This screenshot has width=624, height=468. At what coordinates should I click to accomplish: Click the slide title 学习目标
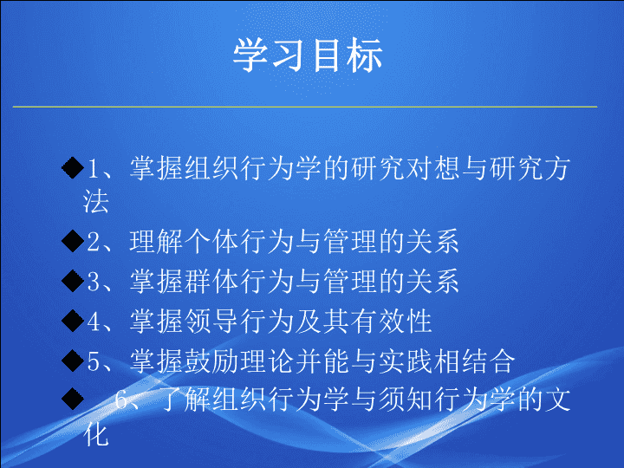click(308, 55)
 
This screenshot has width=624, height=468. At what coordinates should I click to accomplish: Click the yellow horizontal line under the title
click(305, 107)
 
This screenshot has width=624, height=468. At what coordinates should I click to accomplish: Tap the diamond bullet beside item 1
click(73, 167)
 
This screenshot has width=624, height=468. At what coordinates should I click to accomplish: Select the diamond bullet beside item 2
click(73, 241)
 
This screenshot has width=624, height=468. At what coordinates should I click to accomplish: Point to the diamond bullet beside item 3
click(73, 281)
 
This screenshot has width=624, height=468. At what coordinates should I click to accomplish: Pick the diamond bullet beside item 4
click(73, 321)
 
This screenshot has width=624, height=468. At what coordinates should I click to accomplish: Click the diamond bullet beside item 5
click(73, 361)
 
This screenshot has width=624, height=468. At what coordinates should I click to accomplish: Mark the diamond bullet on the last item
click(73, 399)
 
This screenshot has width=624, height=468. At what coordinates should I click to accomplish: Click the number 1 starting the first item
click(93, 168)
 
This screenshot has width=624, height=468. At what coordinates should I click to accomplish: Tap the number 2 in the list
click(94, 242)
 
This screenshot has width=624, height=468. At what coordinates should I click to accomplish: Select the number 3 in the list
click(94, 282)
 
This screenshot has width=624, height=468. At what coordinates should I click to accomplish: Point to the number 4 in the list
click(94, 322)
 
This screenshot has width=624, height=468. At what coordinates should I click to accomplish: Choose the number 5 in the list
click(94, 361)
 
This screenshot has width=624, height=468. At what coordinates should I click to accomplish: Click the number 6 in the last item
click(121, 400)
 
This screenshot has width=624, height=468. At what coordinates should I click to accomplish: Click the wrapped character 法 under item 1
click(95, 201)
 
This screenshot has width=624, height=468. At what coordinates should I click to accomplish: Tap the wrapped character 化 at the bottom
click(95, 434)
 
